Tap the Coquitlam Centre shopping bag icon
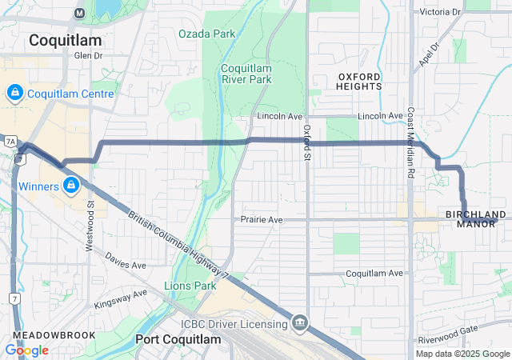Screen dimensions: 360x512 pyautogui.click(x=14, y=94)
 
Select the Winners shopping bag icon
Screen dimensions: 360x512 pyautogui.click(x=71, y=186)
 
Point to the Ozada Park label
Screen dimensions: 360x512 pyautogui.click(x=207, y=34)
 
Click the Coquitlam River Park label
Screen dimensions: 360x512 pyautogui.click(x=246, y=74)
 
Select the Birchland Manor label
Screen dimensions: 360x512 pyautogui.click(x=476, y=219)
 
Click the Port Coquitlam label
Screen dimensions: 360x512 pyautogui.click(x=178, y=339)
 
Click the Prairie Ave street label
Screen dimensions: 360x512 pyautogui.click(x=262, y=219)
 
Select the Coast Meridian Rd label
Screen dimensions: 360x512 pyautogui.click(x=410, y=142)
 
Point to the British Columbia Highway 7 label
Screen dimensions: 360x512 pyautogui.click(x=178, y=246)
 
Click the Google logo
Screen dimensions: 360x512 pyautogui.click(x=26, y=350)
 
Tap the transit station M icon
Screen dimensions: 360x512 pyautogui.click(x=79, y=13)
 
